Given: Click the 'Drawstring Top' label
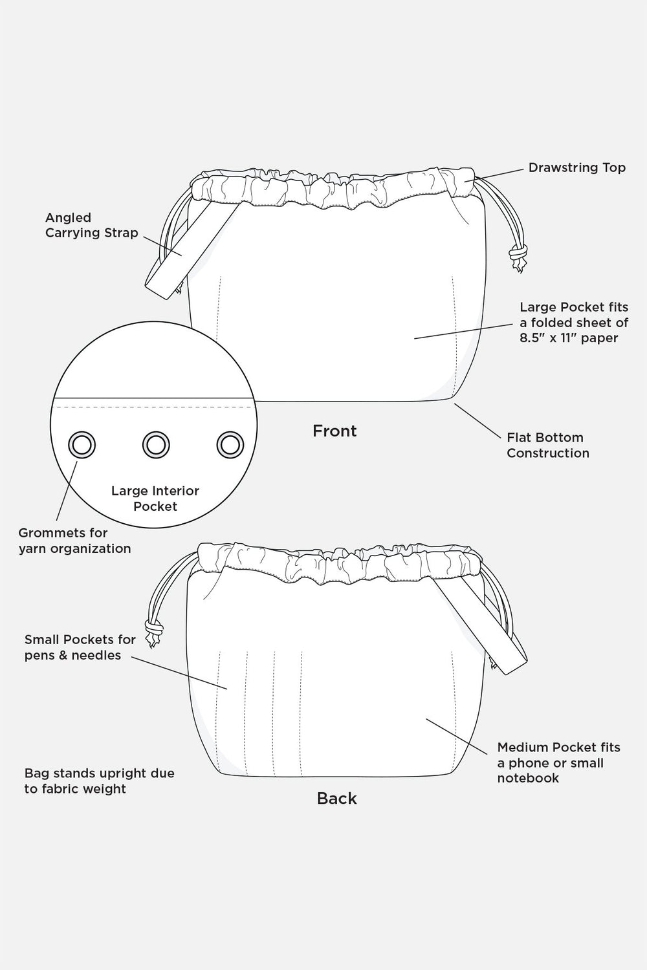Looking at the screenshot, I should tap(576, 167).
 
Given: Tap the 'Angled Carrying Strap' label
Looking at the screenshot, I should tap(91, 225).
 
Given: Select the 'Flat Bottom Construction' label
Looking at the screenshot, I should tap(547, 445).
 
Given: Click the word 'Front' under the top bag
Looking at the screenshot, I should tap(334, 431).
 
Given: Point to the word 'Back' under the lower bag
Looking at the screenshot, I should tap(336, 798).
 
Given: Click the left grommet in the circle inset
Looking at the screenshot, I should tap(82, 445).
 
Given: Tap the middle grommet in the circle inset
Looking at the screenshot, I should tap(155, 445).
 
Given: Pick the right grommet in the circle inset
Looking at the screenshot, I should tap(229, 445).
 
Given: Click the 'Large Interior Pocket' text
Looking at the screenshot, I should tap(155, 499).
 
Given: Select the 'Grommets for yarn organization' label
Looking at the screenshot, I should tap(74, 541).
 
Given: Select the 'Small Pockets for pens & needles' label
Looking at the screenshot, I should tap(80, 647).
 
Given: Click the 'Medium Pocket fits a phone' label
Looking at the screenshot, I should tap(558, 762).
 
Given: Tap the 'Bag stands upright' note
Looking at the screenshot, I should tap(99, 781).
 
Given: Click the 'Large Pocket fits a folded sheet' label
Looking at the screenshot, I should tap(573, 322).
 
